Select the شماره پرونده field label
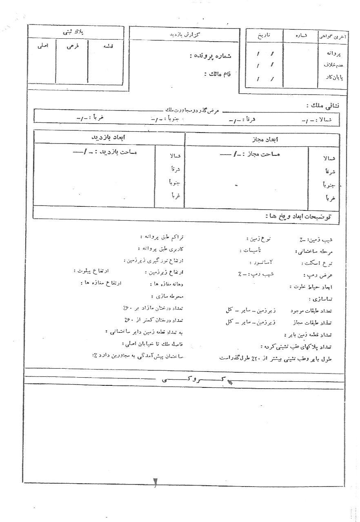click(x=210, y=56)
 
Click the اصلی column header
click(x=42, y=46)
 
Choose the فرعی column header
click(x=73, y=46)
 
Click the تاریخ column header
click(x=263, y=35)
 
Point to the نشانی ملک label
click(x=322, y=105)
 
